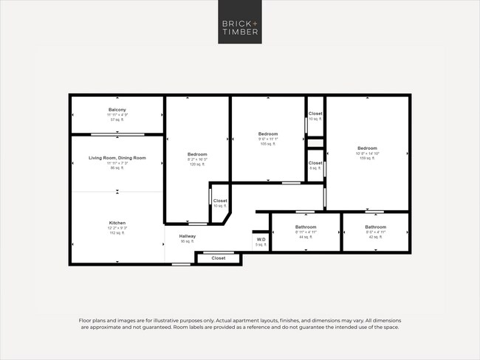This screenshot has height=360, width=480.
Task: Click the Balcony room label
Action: [x=117, y=110]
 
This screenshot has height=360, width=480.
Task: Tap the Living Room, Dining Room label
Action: [x=117, y=158]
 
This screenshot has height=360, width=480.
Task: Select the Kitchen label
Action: [x=117, y=223]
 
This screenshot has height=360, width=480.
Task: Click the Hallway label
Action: [x=187, y=236]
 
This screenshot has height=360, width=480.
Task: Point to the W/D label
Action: [x=260, y=240]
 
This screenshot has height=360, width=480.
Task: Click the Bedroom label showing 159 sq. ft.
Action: [x=367, y=148]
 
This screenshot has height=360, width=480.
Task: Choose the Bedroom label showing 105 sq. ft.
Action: [x=267, y=134]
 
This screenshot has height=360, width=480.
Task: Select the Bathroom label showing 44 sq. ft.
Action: [x=306, y=226]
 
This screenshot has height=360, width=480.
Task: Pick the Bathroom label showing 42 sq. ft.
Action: [x=375, y=226]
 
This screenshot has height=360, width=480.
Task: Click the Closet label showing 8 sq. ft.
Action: [x=315, y=163]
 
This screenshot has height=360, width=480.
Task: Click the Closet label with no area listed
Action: [x=219, y=258]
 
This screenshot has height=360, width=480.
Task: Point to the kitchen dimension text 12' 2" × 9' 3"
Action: [x=117, y=228]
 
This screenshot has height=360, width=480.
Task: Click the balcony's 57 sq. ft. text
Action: [x=117, y=120]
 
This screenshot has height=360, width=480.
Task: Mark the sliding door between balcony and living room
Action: [x=117, y=134]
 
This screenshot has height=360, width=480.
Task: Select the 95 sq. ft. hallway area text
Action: [x=187, y=241]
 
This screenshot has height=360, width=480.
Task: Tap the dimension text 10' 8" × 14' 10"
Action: [x=367, y=153]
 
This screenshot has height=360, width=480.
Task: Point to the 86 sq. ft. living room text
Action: [x=117, y=168]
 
